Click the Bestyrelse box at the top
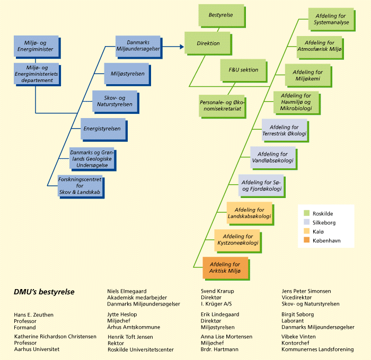(221, 15)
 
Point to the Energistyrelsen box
(101, 129)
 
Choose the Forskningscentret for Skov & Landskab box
(80, 186)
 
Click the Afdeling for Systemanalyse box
(331, 19)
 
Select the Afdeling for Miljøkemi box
(307, 75)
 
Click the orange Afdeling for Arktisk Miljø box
(225, 267)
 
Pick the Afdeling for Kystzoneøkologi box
(237, 240)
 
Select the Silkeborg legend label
(324, 223)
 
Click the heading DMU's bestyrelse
(44, 292)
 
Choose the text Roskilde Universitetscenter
(140, 349)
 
